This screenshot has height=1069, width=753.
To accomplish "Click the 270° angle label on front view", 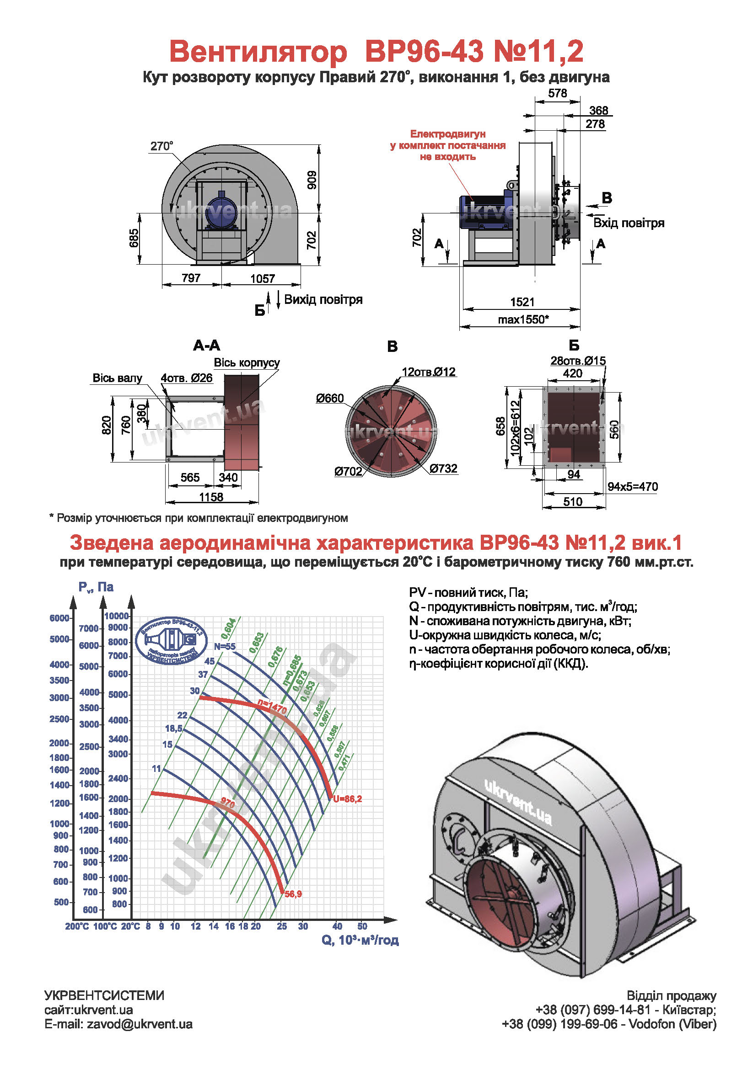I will [161, 146].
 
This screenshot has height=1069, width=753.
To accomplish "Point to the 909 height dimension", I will [312, 180].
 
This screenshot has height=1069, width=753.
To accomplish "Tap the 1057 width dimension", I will [262, 278].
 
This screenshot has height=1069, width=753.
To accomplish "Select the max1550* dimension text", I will [523, 319].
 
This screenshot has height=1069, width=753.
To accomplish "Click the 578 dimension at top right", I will [557, 93].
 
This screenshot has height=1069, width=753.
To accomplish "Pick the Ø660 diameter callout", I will [329, 398].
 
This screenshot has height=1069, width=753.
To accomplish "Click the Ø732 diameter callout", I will [443, 468].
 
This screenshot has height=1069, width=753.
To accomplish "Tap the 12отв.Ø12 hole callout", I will [428, 372].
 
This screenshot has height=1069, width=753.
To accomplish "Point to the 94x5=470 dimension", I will [632, 487].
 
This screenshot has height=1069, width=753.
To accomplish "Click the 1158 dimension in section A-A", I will [211, 497].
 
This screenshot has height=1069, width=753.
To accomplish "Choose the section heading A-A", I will [206, 346].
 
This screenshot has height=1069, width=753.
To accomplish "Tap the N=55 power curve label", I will [225, 646].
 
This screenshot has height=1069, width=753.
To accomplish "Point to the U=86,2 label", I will [347, 799].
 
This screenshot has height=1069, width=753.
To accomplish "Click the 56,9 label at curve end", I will [293, 894].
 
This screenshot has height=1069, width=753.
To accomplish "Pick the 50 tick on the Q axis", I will [362, 926].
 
